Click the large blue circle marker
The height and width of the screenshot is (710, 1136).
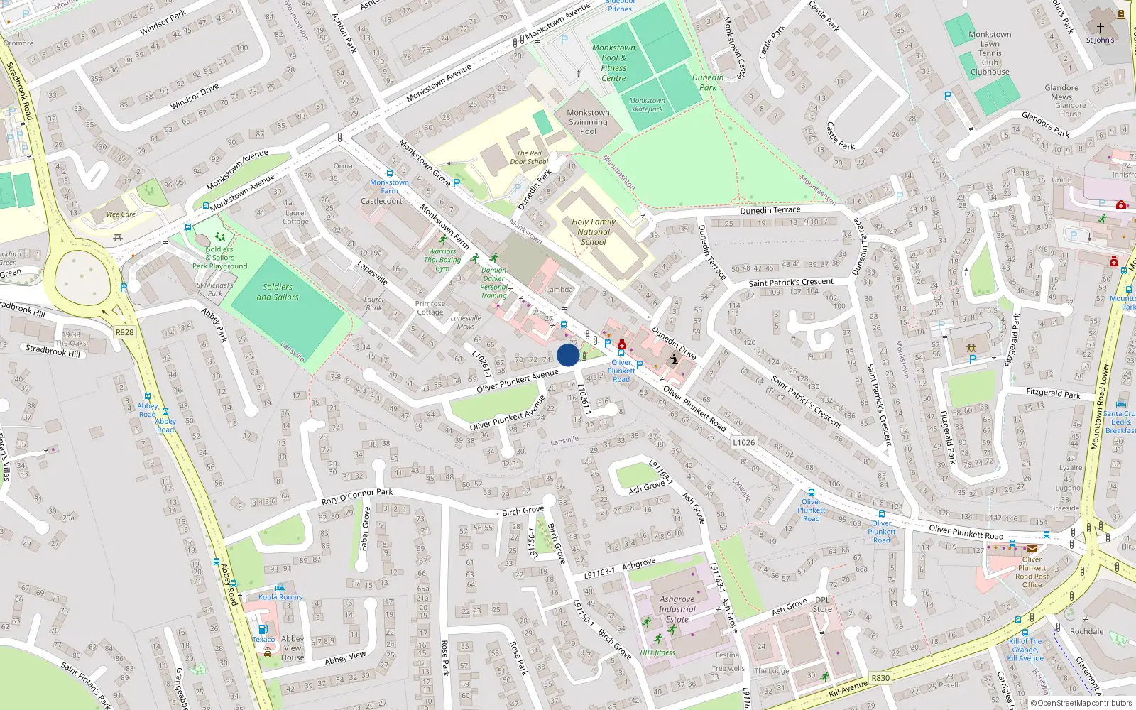(568, 355)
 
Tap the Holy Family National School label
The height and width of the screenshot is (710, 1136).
(594, 231)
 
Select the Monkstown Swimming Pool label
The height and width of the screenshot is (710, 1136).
(588, 122)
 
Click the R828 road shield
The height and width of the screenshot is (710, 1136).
(124, 332)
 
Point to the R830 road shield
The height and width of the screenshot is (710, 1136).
(880, 678)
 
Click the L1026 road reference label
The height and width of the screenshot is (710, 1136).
(744, 442)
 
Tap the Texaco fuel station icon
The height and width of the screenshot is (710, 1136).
(263, 629)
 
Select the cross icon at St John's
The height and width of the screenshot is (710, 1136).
(1100, 28)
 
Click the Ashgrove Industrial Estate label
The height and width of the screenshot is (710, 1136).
(677, 609)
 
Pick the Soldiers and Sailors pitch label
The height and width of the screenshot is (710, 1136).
(278, 292)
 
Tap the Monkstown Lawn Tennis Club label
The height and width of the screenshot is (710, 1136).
(990, 53)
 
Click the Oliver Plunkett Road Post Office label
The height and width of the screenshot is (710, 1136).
(1032, 572)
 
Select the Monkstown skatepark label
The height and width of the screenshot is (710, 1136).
(647, 105)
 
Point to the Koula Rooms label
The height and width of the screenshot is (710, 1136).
(280, 597)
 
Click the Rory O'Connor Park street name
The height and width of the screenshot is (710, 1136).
(356, 496)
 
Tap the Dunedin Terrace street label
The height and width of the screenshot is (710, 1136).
(770, 210)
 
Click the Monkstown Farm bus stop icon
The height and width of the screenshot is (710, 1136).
(390, 173)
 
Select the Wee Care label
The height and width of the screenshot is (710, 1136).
(121, 214)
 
